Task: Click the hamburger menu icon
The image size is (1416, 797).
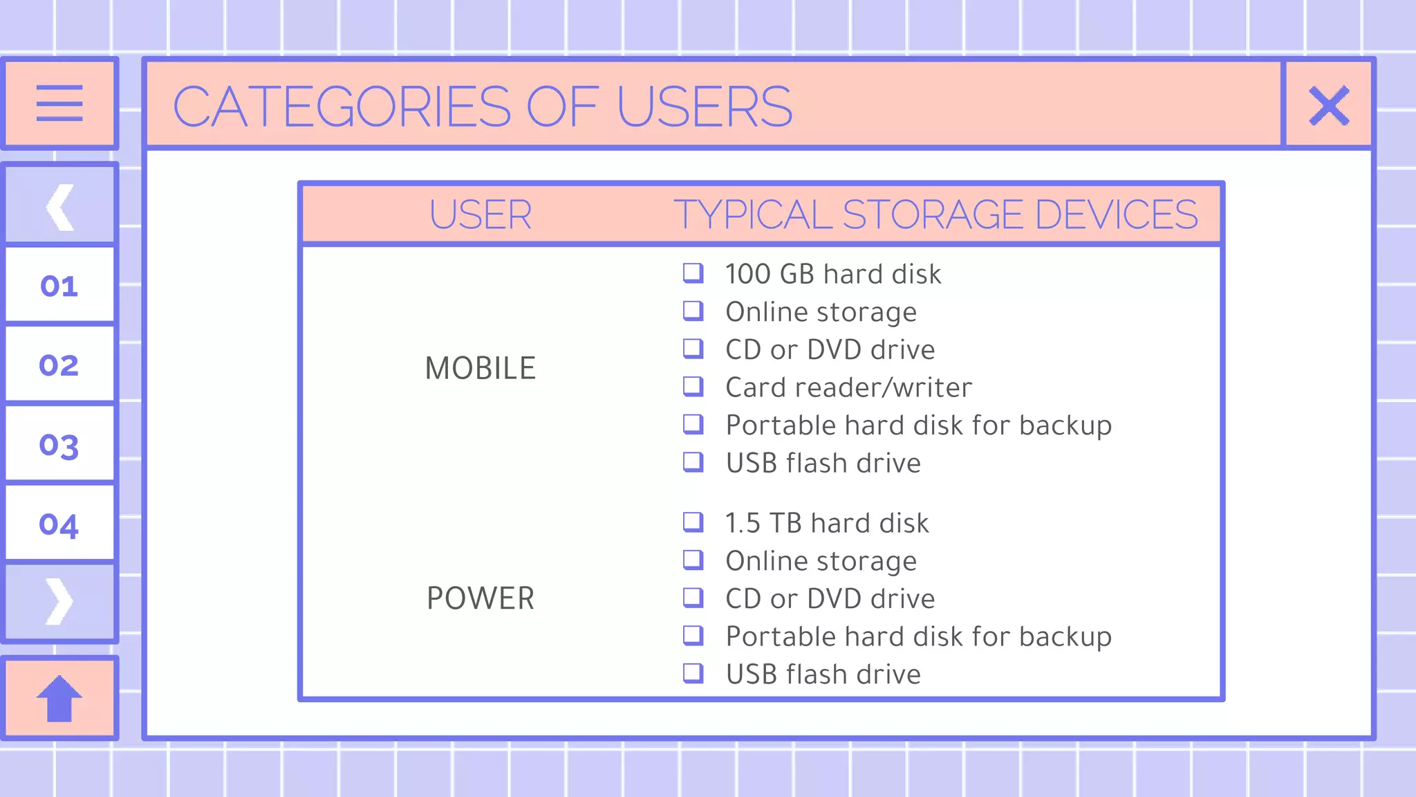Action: [x=59, y=104]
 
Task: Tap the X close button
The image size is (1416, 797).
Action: [x=1329, y=105]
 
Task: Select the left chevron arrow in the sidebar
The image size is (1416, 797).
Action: [x=59, y=206]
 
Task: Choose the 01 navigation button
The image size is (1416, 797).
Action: [x=59, y=286]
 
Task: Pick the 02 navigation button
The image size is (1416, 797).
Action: [x=59, y=365]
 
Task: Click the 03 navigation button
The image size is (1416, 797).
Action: [x=59, y=445]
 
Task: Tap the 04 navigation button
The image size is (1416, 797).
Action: [x=59, y=524]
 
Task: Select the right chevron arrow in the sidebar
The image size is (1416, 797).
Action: [x=59, y=602]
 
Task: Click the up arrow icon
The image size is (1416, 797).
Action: [x=59, y=699]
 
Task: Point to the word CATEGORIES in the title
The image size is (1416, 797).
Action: [x=342, y=107]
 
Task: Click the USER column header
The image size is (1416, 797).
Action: [x=481, y=214]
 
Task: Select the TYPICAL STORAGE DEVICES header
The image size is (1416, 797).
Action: [x=935, y=214]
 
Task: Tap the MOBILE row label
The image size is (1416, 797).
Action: [x=481, y=368]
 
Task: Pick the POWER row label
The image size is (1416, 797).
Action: [x=481, y=598]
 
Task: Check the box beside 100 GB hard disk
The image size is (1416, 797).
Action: [x=693, y=273]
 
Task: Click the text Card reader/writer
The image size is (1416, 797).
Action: [x=848, y=387]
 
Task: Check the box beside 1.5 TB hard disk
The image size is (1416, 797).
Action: [x=693, y=522]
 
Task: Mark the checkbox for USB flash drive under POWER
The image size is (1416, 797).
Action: [x=693, y=673]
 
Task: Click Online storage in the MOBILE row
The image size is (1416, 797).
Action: [x=821, y=312]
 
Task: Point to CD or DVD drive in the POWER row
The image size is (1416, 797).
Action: [x=830, y=598]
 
